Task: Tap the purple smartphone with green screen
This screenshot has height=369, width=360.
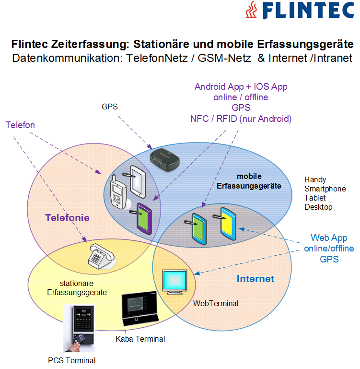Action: (x=144, y=218)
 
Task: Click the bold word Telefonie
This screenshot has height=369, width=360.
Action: (x=68, y=218)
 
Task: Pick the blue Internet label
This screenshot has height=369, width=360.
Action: (x=255, y=279)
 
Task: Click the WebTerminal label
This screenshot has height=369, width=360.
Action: (x=216, y=303)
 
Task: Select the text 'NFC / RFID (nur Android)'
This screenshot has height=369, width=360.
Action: (x=241, y=119)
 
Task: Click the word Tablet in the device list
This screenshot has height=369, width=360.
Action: (x=315, y=198)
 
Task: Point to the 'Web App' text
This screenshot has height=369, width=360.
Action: (x=329, y=238)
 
